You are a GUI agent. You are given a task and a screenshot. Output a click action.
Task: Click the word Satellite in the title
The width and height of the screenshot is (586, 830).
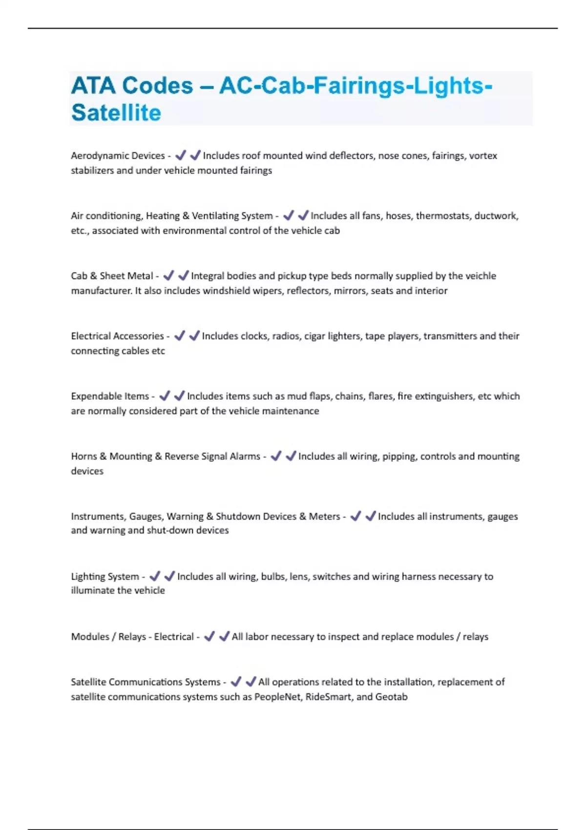tap(116, 113)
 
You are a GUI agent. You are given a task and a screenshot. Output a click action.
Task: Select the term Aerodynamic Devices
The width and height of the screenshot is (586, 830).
tap(118, 156)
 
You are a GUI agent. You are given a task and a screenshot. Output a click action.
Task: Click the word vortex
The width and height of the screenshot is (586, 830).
tap(483, 156)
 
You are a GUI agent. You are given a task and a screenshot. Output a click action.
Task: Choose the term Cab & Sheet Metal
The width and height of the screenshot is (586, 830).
tap(112, 276)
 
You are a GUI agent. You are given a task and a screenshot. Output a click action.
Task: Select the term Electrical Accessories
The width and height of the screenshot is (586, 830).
tap(117, 336)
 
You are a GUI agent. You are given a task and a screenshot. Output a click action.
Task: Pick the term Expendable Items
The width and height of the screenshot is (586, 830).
tap(110, 396)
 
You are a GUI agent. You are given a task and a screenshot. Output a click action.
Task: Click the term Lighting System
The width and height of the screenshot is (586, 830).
tap(105, 577)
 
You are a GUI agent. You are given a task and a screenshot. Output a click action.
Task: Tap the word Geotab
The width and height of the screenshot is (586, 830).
tap(391, 697)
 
